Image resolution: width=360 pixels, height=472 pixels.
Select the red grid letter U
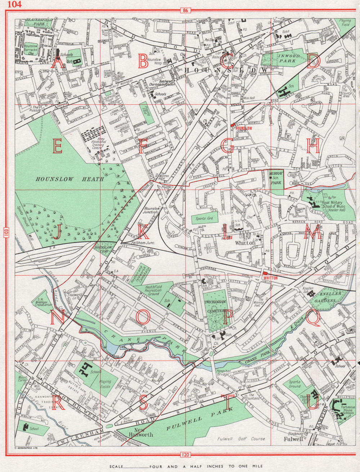[312, 403]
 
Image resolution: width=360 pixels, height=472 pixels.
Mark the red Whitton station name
[270, 278]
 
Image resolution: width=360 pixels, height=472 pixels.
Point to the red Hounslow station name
[243, 128]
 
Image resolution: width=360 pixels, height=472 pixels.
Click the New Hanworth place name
[143, 432]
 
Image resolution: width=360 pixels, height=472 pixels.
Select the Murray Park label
[276, 178]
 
